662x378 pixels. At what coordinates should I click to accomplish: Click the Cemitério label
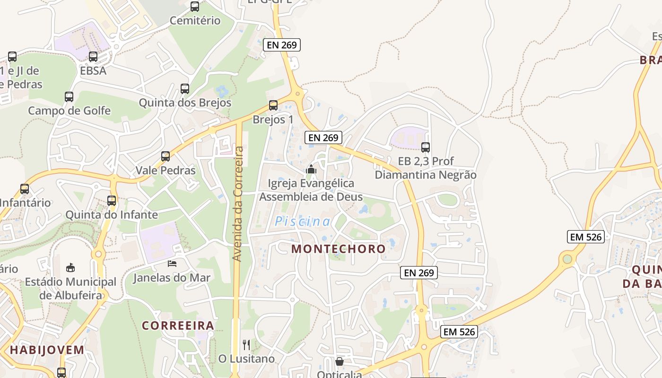click(x=195, y=20)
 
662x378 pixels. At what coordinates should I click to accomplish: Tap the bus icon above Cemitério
click(x=195, y=7)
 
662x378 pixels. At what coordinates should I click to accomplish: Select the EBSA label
click(x=93, y=71)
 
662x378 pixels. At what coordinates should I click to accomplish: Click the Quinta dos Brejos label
click(x=185, y=103)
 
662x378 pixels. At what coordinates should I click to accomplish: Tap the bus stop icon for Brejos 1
click(x=273, y=105)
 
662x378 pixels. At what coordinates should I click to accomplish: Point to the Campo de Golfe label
click(x=69, y=111)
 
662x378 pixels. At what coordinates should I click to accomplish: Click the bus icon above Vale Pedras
click(x=165, y=156)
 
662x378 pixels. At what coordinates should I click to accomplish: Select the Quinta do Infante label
click(x=112, y=215)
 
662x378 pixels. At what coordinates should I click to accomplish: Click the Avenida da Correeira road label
click(x=238, y=204)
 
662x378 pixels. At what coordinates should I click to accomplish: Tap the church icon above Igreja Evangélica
click(x=311, y=169)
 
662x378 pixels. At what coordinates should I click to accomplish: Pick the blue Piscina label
click(x=303, y=221)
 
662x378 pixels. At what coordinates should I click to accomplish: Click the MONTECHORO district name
click(x=339, y=249)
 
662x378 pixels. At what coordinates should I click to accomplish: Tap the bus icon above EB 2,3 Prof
click(x=426, y=147)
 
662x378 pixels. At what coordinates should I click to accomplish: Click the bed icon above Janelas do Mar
click(x=172, y=263)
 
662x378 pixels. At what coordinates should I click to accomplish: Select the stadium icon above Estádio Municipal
click(x=70, y=267)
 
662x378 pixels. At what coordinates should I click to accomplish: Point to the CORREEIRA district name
click(x=178, y=326)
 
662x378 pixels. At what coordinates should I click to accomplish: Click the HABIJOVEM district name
click(x=47, y=350)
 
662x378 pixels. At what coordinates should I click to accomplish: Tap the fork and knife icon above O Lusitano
click(x=246, y=345)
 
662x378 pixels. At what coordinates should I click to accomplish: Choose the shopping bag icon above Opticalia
click(x=339, y=362)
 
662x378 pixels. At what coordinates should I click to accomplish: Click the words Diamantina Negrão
click(x=426, y=175)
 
